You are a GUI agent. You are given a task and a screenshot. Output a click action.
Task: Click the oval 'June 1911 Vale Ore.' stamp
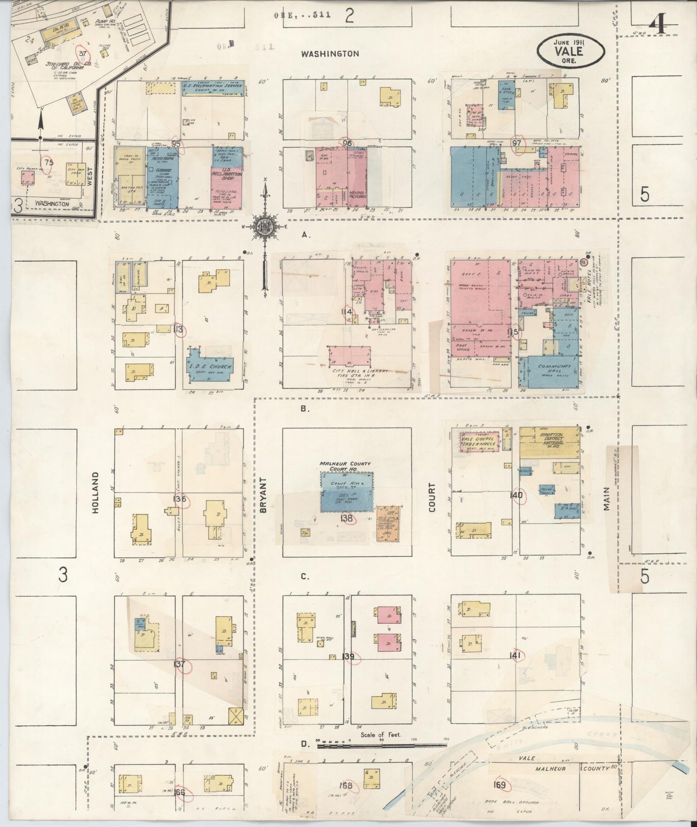click(x=571, y=50)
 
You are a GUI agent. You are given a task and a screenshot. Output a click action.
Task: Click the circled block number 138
click(x=347, y=519)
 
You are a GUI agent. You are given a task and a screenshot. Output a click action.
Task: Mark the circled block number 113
click(x=179, y=330)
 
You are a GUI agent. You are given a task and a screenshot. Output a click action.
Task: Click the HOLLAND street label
click(x=95, y=492)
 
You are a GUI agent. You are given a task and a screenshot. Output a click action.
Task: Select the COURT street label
click(x=431, y=497)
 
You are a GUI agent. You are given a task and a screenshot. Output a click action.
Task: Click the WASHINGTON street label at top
click(x=330, y=54)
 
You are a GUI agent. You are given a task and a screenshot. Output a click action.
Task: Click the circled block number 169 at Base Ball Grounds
click(x=500, y=785)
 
